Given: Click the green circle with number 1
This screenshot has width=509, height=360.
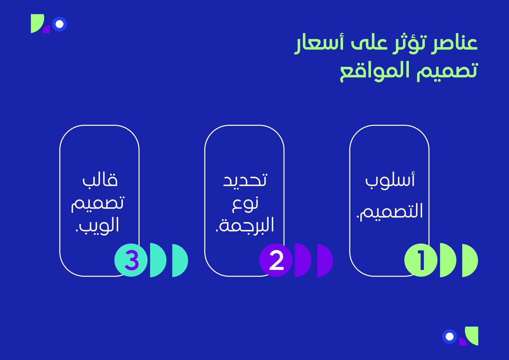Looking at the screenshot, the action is pyautogui.click(x=421, y=260).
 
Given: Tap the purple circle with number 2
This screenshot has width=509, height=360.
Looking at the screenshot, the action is pyautogui.click(x=276, y=260).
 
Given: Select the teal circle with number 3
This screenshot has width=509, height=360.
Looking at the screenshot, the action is pyautogui.click(x=131, y=260).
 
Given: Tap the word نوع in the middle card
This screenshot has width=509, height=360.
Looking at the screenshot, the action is pyautogui.click(x=245, y=204).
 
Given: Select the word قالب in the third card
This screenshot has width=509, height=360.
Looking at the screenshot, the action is pyautogui.click(x=100, y=180).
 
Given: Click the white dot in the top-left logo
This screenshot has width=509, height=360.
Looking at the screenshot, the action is pyautogui.click(x=59, y=24).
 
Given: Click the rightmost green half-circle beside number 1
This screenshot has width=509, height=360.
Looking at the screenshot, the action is pyautogui.click(x=470, y=260).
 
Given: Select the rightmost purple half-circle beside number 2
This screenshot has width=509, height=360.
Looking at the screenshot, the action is pyautogui.click(x=325, y=260).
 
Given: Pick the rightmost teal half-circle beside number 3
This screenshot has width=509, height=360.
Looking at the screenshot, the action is pyautogui.click(x=180, y=260).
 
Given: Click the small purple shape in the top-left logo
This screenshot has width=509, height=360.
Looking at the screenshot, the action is pyautogui.click(x=47, y=30).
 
